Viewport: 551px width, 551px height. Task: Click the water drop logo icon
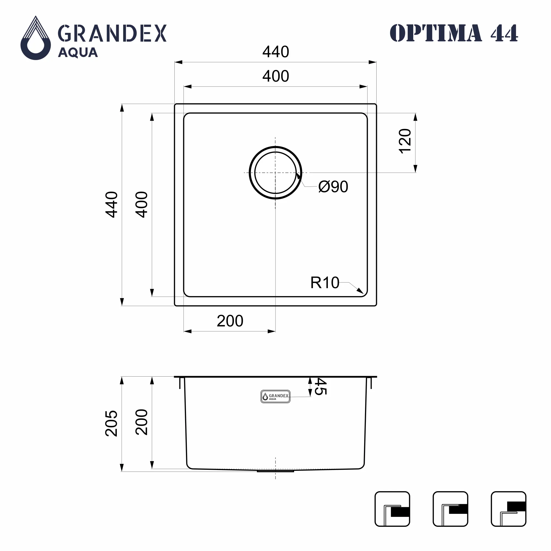point(36,38)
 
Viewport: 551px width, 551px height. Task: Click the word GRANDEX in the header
point(112,33)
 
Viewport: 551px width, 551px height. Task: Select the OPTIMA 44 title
point(453,33)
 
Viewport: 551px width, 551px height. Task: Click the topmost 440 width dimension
point(275,52)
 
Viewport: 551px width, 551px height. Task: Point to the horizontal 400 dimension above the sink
point(275,76)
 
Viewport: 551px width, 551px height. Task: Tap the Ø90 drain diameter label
point(333,187)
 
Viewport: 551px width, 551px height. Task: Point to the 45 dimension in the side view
point(320,387)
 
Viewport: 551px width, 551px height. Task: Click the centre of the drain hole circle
point(275,173)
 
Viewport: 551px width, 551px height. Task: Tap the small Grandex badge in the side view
point(275,397)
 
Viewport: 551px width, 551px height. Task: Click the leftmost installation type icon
point(392,509)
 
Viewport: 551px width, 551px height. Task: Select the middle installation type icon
point(450,509)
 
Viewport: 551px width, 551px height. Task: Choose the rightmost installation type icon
point(509,509)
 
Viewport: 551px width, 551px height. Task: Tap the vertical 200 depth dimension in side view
point(142,422)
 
